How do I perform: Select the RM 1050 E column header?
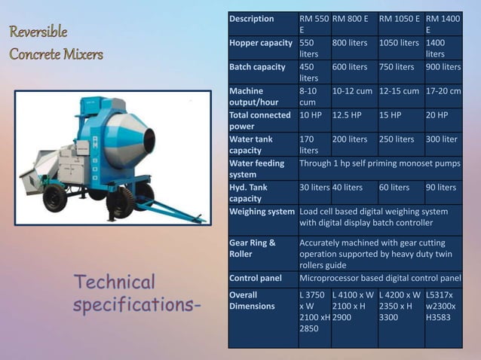click(x=399, y=19)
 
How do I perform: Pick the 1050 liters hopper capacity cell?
click(x=399, y=43)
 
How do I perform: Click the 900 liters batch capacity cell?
click(x=443, y=67)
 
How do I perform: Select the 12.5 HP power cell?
click(x=348, y=115)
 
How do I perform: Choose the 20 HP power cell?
click(x=437, y=115)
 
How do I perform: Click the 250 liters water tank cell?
click(x=397, y=139)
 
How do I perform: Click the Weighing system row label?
click(x=262, y=212)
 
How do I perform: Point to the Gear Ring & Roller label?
click(x=253, y=248)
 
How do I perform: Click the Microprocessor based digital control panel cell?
click(x=380, y=279)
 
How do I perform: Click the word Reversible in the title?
click(x=38, y=32)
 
